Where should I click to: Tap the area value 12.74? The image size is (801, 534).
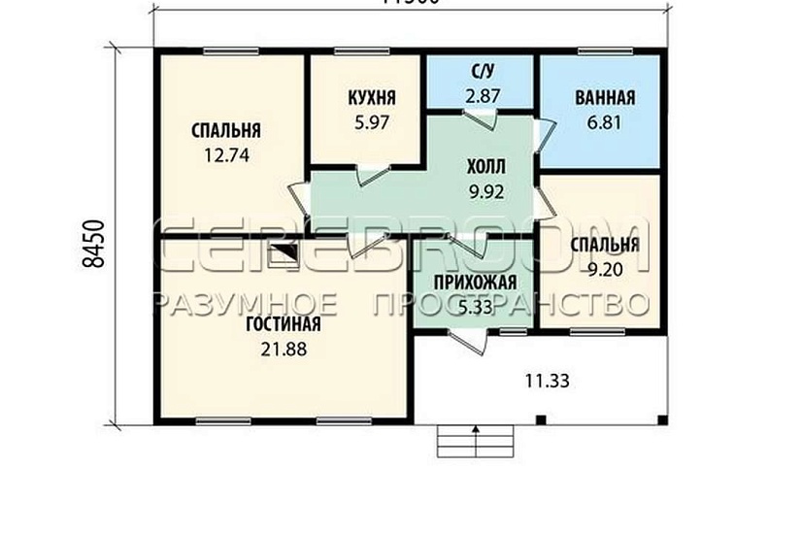click(225, 153)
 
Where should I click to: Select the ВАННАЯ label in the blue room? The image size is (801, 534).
click(604, 97)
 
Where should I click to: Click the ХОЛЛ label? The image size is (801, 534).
click(485, 166)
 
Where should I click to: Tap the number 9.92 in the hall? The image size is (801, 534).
click(485, 191)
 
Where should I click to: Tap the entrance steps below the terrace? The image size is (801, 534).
click(474, 442)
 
